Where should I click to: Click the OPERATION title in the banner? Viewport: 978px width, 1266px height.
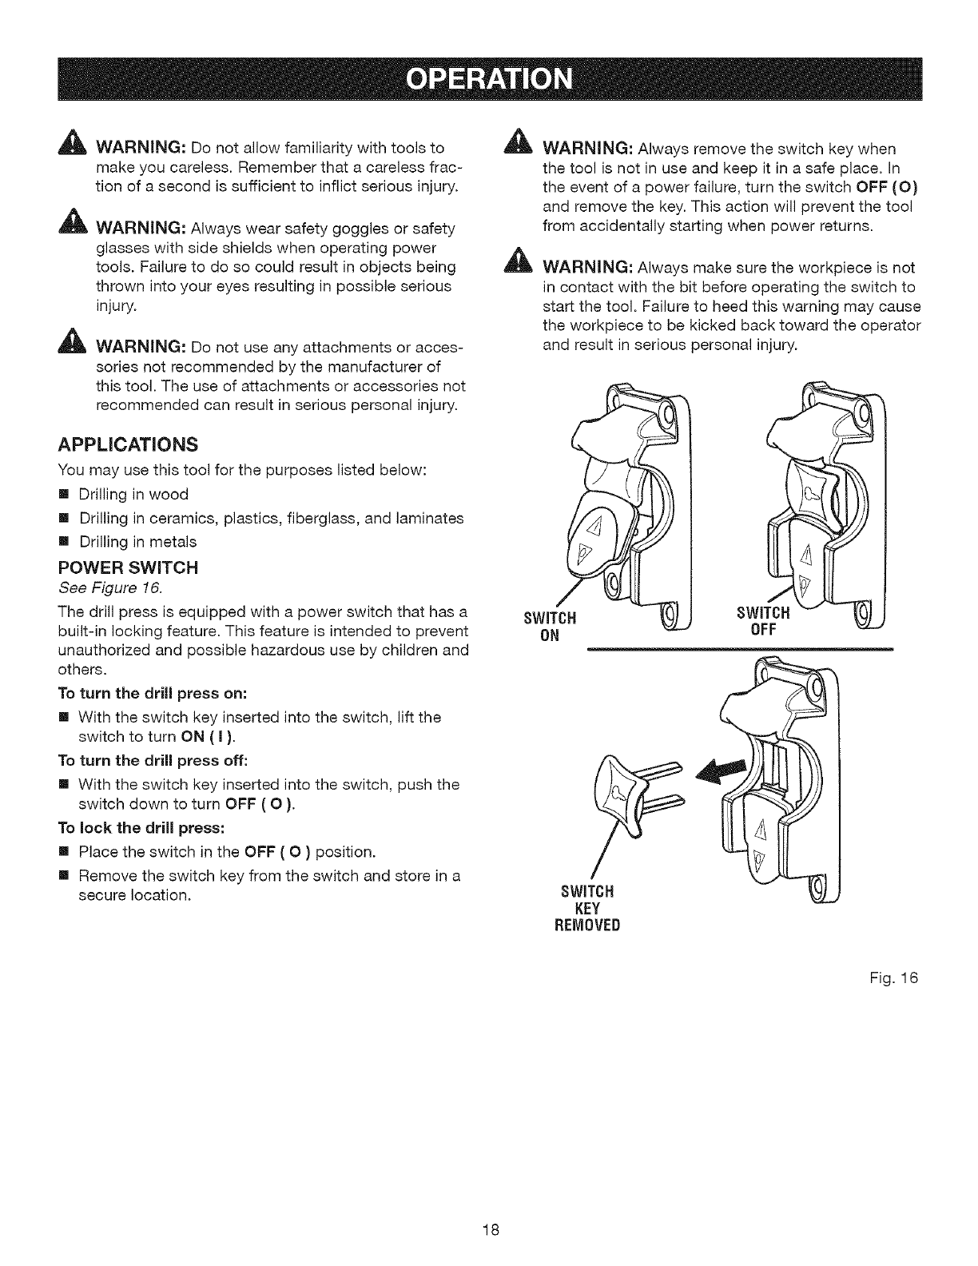tap(489, 81)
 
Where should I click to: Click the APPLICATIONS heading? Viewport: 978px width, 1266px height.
tap(125, 444)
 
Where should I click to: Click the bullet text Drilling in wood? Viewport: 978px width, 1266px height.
tap(133, 495)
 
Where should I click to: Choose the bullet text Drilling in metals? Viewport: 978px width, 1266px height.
tap(137, 542)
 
